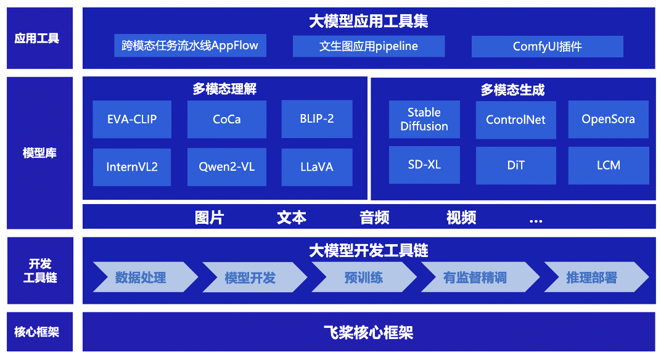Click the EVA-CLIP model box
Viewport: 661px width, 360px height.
pos(132,120)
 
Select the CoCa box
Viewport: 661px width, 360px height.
pos(227,120)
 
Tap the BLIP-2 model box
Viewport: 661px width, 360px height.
pos(317,119)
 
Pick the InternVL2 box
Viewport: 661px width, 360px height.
pos(132,167)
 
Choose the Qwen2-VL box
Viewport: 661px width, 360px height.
pos(227,167)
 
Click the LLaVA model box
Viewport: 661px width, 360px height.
pos(317,167)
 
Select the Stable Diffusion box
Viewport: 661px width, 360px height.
pos(424,120)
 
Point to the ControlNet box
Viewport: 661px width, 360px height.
pos(516,120)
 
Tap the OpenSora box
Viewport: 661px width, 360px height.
pos(609,120)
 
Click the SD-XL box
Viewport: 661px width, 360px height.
pos(424,165)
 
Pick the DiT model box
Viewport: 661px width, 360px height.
pos(516,165)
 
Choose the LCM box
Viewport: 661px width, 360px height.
pos(609,165)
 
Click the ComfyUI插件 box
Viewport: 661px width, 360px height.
pos(547,46)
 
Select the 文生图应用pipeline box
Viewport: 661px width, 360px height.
pos(369,46)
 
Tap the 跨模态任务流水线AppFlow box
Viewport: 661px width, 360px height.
pos(190,46)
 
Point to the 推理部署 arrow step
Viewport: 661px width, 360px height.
pos(596,277)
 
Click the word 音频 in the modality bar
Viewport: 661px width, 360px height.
pos(374,218)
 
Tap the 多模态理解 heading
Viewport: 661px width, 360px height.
pos(224,89)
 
